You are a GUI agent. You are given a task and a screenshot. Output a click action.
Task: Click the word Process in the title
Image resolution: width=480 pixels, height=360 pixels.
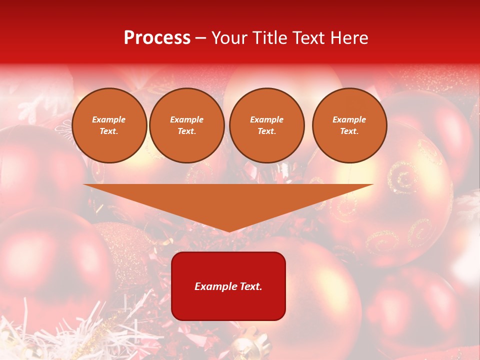click(157, 38)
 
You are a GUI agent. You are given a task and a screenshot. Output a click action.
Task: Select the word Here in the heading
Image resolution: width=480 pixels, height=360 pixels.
click(350, 38)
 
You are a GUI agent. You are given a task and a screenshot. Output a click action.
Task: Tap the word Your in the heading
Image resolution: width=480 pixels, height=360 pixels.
click(229, 38)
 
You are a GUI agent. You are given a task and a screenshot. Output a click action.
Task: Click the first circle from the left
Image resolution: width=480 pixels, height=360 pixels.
click(109, 125)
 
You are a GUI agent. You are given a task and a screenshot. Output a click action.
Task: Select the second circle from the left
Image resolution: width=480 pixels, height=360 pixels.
click(187, 125)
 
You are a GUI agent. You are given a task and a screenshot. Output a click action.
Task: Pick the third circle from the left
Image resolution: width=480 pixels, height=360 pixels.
click(266, 125)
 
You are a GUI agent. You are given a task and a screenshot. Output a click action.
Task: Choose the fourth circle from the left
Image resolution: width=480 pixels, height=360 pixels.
click(349, 125)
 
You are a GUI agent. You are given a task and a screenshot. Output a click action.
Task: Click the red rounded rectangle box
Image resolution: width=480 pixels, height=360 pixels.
click(228, 286)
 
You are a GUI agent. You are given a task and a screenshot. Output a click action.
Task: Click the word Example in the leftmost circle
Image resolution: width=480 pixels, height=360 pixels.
click(109, 120)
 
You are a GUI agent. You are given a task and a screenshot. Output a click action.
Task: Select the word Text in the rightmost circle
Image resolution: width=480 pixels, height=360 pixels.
click(349, 131)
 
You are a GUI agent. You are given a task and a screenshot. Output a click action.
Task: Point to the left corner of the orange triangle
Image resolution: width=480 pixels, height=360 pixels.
click(84, 185)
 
